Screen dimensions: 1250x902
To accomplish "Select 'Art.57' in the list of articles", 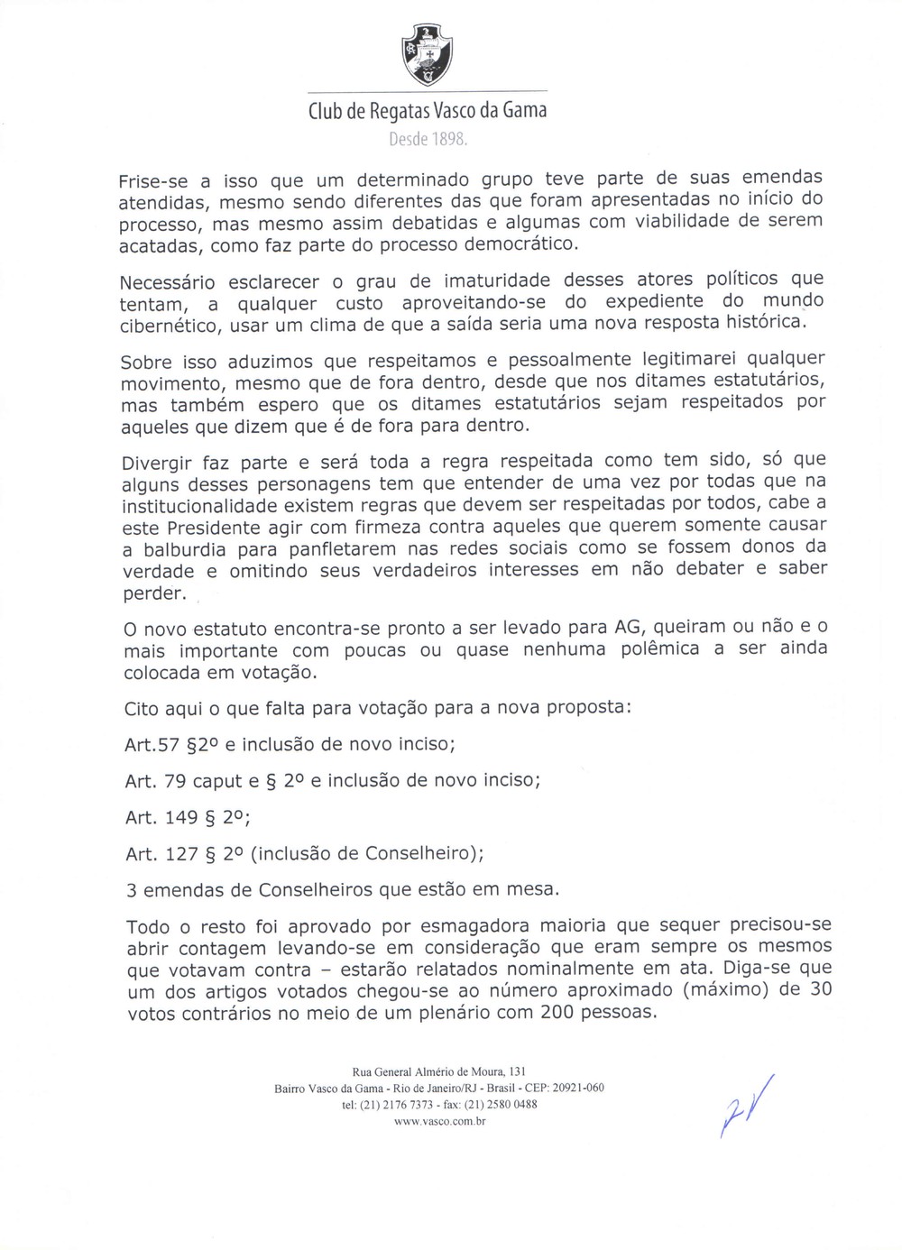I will tap(152, 745).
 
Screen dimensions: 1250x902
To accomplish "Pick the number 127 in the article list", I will tap(183, 853).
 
